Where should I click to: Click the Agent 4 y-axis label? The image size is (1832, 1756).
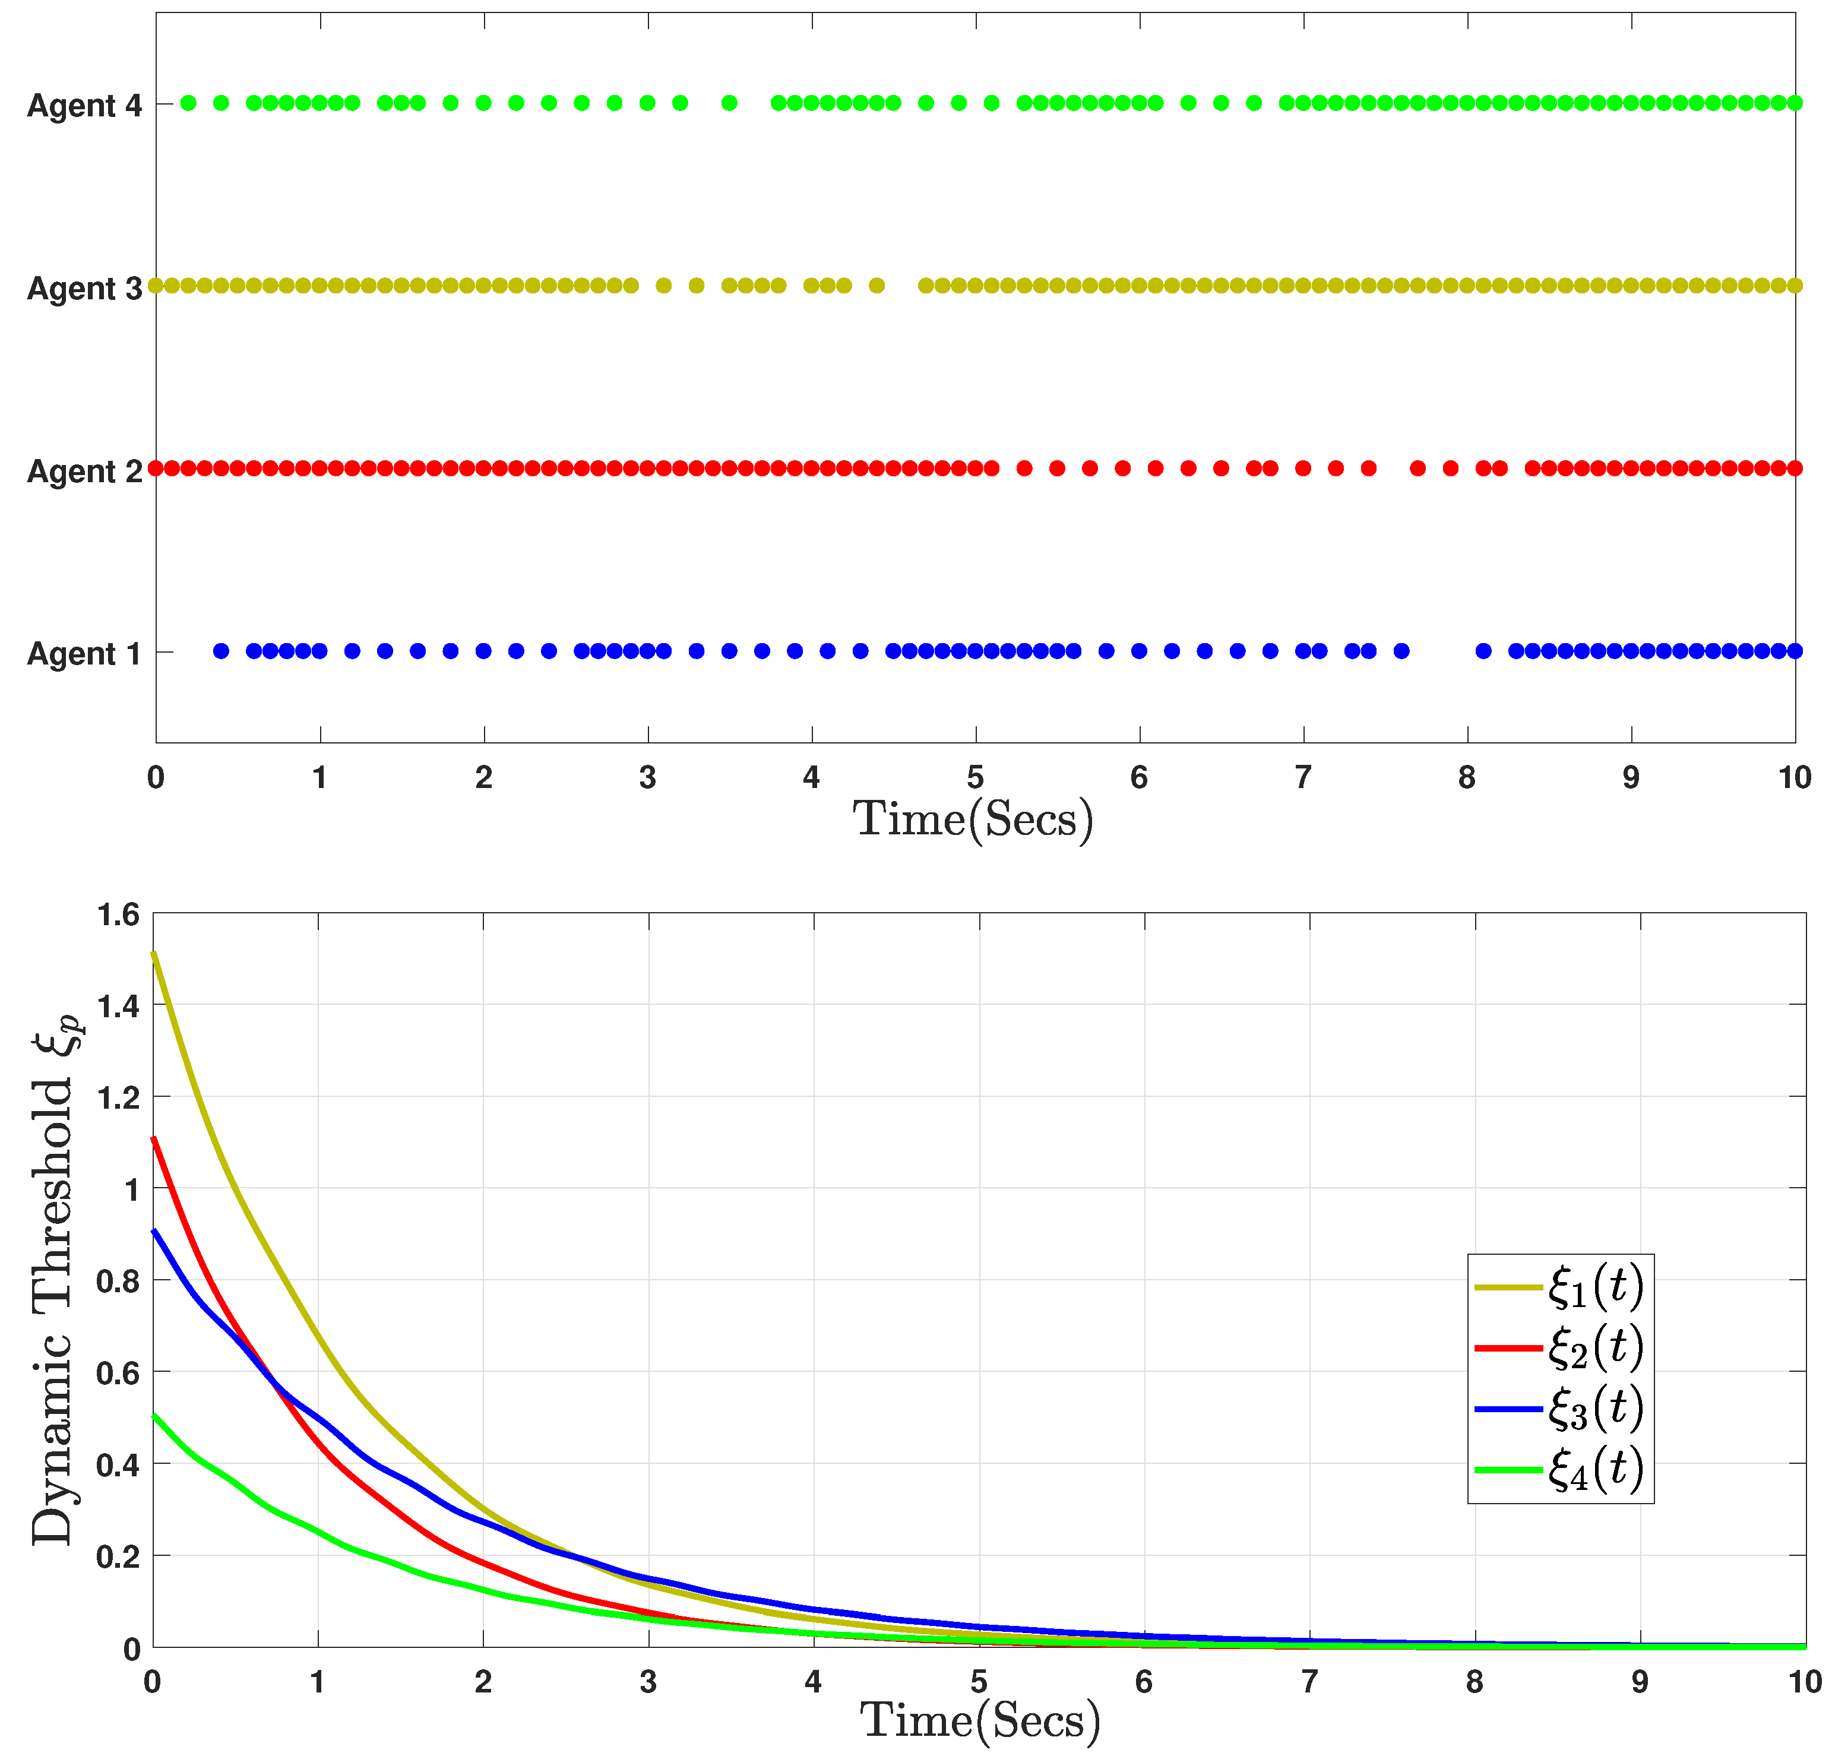click(84, 106)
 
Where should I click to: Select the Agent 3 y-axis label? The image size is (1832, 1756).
click(84, 289)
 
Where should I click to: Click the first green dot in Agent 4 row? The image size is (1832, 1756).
click(188, 103)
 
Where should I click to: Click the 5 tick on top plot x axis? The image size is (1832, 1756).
click(975, 777)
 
